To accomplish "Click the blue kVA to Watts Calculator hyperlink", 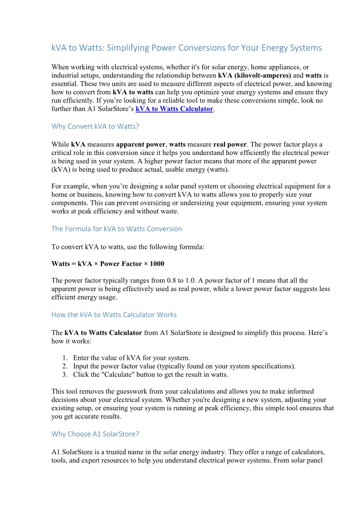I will [x=174, y=109].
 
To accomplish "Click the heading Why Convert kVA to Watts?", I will [x=94, y=126].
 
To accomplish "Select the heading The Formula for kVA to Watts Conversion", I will [x=117, y=229].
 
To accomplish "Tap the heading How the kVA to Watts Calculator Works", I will [x=114, y=315].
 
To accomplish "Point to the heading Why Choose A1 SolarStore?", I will [x=95, y=434].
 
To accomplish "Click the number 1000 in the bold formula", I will [x=157, y=264].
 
